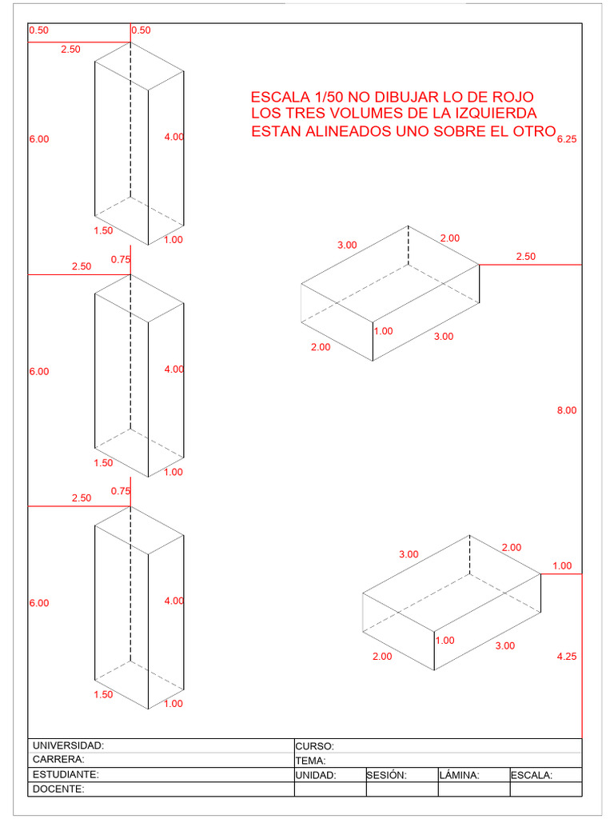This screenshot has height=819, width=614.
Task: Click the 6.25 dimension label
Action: tap(567, 138)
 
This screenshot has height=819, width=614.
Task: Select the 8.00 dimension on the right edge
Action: tap(567, 410)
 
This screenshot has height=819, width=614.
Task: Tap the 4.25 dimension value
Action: tap(567, 657)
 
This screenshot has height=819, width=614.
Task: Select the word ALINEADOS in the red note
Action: tap(349, 131)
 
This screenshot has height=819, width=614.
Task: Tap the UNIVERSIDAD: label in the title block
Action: tap(68, 745)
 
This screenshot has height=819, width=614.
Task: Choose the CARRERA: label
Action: tap(58, 760)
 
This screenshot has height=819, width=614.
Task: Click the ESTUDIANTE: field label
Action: tap(66, 775)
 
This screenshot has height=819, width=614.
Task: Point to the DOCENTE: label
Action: tap(58, 789)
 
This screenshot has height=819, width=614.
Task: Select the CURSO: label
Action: tap(314, 746)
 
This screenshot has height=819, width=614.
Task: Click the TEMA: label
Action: tap(310, 761)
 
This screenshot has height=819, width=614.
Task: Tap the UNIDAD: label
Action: tap(316, 775)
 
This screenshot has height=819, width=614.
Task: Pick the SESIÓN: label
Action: tap(387, 775)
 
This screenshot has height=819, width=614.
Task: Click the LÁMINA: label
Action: tap(459, 775)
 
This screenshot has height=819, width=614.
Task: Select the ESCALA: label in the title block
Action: tap(532, 775)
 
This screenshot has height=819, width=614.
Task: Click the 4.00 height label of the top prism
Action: tap(173, 137)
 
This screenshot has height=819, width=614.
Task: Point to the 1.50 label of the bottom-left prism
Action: tap(103, 695)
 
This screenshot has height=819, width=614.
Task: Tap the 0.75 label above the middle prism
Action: tap(121, 259)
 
